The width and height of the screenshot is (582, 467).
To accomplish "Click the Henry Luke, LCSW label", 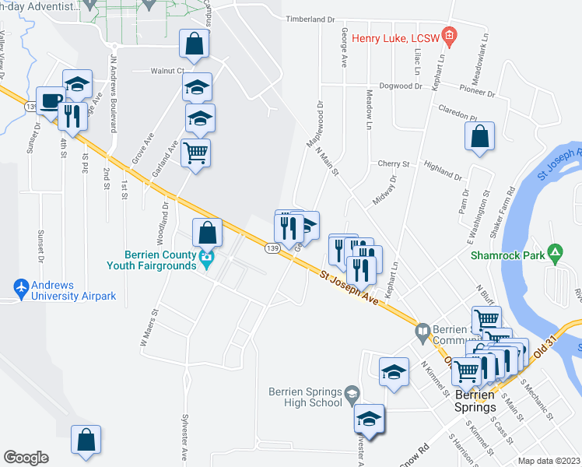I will point(395,37).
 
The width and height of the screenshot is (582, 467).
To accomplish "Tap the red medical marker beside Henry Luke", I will point(448,35).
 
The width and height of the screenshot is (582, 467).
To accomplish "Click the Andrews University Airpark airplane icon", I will point(22,289).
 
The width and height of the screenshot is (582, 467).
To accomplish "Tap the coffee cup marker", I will point(51,101).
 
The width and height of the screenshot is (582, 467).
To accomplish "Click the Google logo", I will point(25,458).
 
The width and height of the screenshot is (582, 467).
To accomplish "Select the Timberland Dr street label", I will point(310,19).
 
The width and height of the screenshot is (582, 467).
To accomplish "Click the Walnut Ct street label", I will point(167,70).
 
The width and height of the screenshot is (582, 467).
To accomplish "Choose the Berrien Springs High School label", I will point(306,396).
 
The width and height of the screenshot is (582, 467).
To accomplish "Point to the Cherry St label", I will point(394,164).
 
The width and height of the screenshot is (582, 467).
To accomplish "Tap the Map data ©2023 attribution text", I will point(548,461).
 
